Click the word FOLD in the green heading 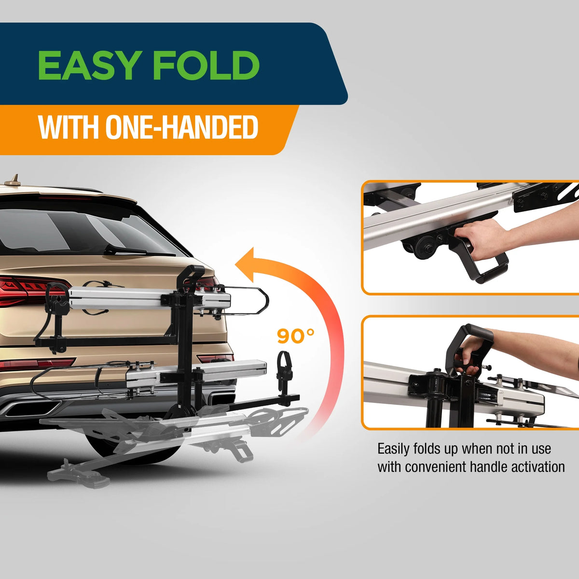(x=206, y=65)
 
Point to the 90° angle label (x=296, y=336)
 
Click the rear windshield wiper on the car (x=138, y=250)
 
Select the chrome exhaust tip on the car (x=33, y=409)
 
